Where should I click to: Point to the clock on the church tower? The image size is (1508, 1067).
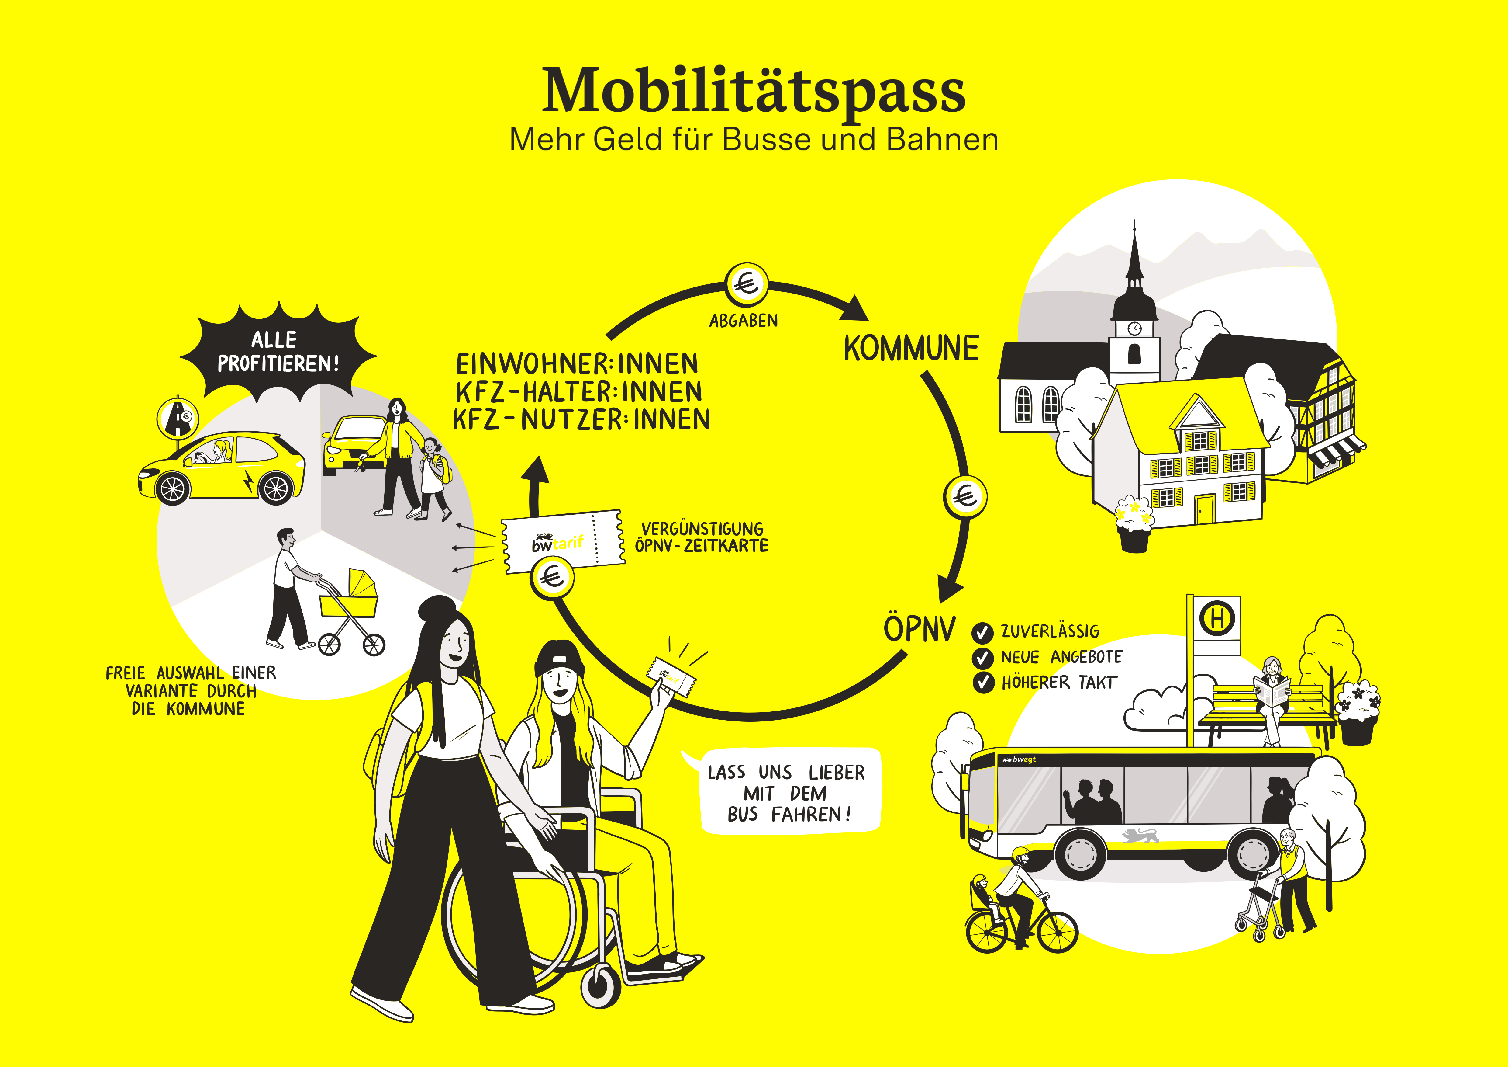(x=1134, y=328)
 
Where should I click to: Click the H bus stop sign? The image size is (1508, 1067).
(x=1217, y=618)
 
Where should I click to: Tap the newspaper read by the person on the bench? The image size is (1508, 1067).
(x=1272, y=693)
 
